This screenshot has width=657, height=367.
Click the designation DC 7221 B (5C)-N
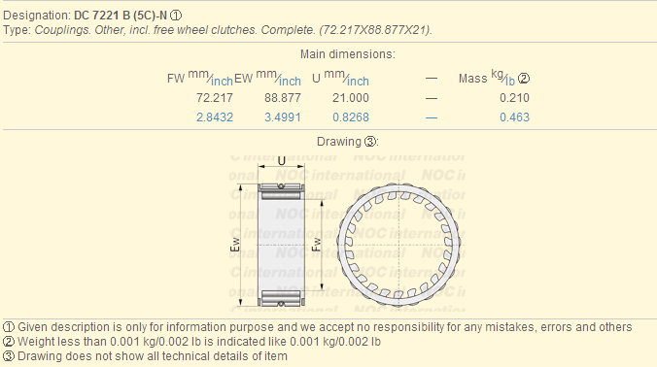[121, 16]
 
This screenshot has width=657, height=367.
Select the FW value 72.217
[215, 98]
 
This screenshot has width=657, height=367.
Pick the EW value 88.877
[283, 98]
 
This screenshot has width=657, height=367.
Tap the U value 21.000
[351, 98]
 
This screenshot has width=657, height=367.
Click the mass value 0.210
[514, 98]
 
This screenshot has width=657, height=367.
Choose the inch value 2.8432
[215, 117]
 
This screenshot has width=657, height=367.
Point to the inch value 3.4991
[283, 117]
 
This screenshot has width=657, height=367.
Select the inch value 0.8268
[351, 117]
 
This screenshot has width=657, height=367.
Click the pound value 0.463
[514, 117]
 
